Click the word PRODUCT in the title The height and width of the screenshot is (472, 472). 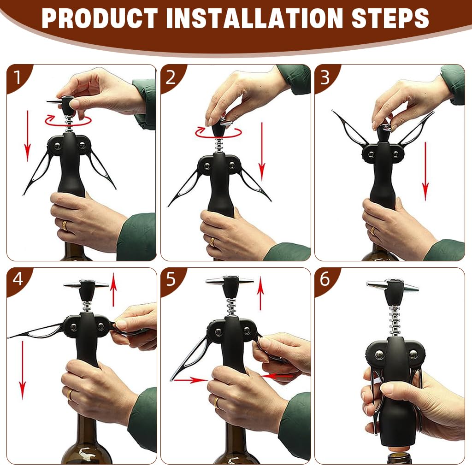click(x=100, y=18)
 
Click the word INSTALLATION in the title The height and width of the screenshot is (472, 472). click(x=254, y=18)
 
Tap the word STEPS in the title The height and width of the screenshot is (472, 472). click(x=390, y=18)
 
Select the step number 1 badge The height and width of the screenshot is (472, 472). click(x=18, y=77)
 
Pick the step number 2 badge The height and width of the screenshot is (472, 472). click(x=171, y=77)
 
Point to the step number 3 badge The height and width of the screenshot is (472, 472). click(x=325, y=77)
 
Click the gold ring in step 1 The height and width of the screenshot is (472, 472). click(x=65, y=225)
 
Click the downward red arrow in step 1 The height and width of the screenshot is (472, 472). click(x=27, y=136)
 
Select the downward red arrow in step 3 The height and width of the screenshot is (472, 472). click(x=425, y=171)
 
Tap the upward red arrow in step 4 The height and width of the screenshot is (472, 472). click(x=113, y=289)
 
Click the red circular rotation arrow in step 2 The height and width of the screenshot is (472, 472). click(x=218, y=133)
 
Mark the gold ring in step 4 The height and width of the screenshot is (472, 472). click(x=70, y=395)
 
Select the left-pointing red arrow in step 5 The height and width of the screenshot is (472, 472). click(x=276, y=376)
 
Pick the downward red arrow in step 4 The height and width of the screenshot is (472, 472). click(x=23, y=370)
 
